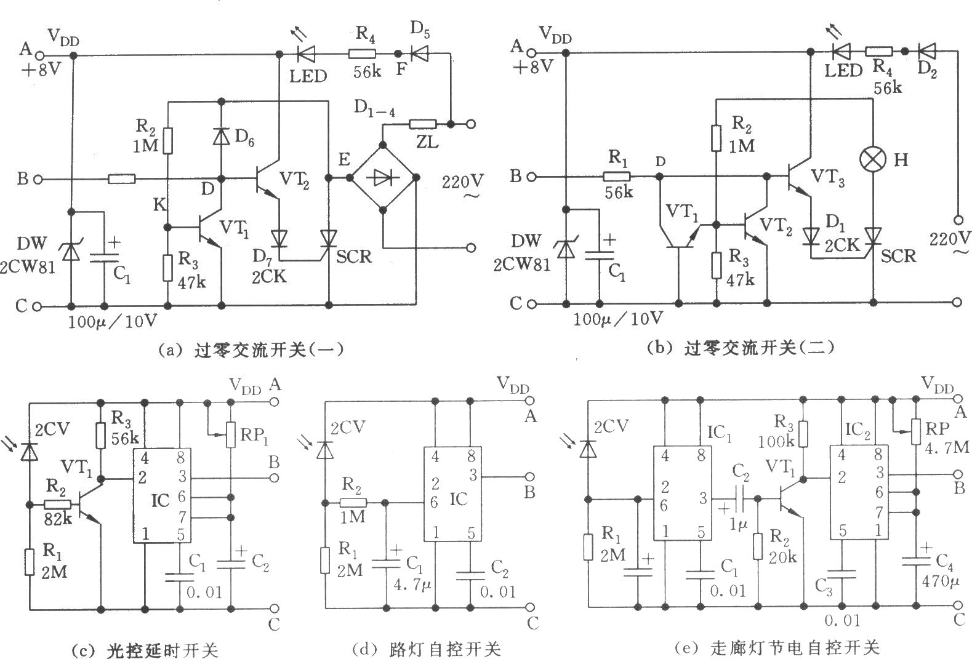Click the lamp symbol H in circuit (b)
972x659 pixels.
[873, 161]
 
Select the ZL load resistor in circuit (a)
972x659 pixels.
[422, 124]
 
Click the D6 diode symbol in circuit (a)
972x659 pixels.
[221, 136]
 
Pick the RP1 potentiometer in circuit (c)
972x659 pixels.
[231, 434]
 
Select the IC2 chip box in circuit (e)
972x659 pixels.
[859, 492]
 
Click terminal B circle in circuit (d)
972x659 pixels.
[528, 476]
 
